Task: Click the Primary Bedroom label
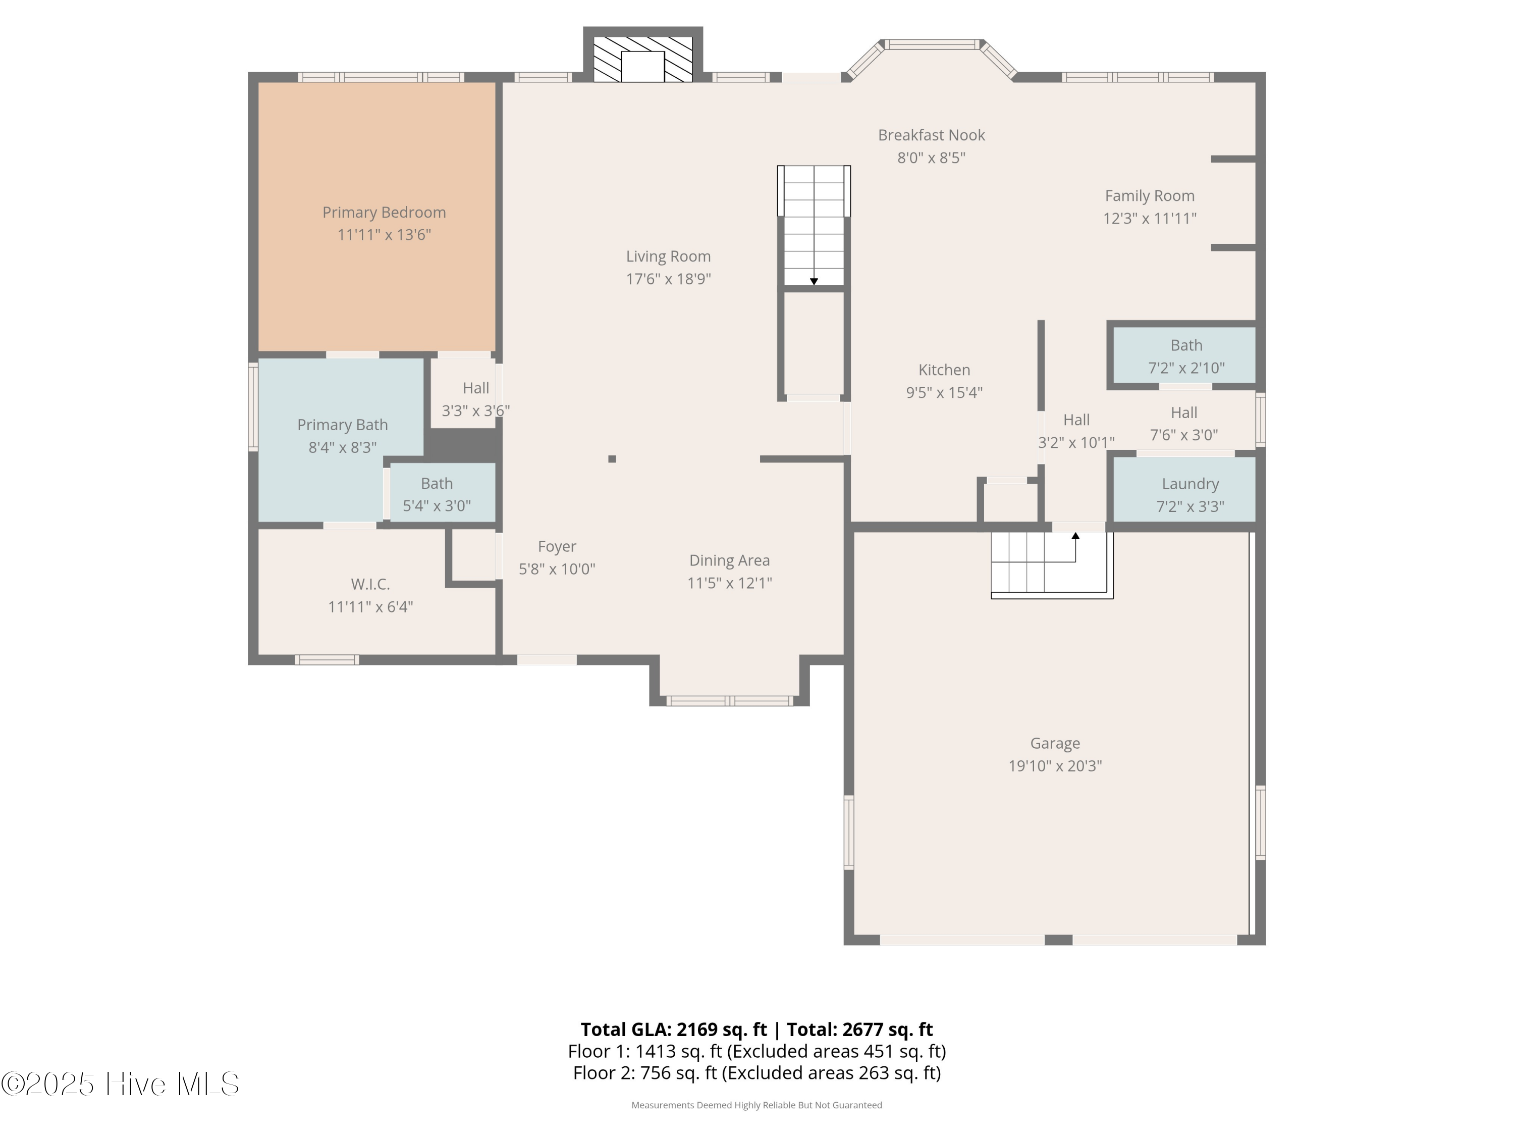pyautogui.click(x=384, y=212)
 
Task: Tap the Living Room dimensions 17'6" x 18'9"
pyautogui.click(x=668, y=279)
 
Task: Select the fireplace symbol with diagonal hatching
pyautogui.click(x=643, y=60)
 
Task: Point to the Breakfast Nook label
pyautogui.click(x=932, y=135)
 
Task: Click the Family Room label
pyautogui.click(x=1150, y=196)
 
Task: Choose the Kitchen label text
pyautogui.click(x=945, y=370)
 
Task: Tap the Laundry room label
pyautogui.click(x=1190, y=484)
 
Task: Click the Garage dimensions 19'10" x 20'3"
pyautogui.click(x=1055, y=765)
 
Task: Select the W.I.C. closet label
pyautogui.click(x=370, y=584)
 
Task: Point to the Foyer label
pyautogui.click(x=557, y=546)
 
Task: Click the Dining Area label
pyautogui.click(x=730, y=560)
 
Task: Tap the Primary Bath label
pyautogui.click(x=342, y=425)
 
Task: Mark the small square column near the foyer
pyautogui.click(x=612, y=459)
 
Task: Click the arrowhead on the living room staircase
pyautogui.click(x=814, y=281)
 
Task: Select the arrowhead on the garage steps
pyautogui.click(x=1075, y=536)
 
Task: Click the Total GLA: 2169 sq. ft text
pyautogui.click(x=674, y=1029)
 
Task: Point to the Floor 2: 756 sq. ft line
pyautogui.click(x=757, y=1072)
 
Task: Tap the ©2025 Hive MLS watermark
pyautogui.click(x=121, y=1084)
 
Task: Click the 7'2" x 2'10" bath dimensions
pyautogui.click(x=1186, y=368)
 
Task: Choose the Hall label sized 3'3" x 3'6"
pyautogui.click(x=476, y=388)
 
